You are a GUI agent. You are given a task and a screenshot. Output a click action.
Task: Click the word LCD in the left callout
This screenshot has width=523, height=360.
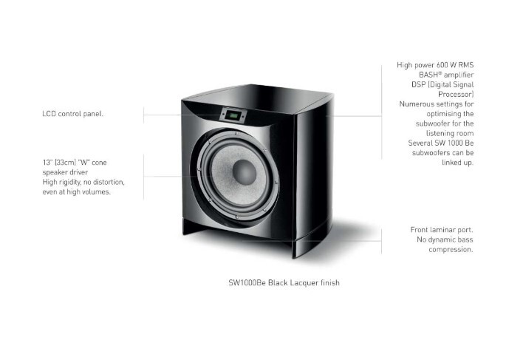coord(49,115)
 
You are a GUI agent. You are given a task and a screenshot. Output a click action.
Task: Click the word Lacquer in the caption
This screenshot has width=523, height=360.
coord(307,283)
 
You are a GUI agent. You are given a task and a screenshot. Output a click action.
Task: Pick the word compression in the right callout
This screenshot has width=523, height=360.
coord(451,249)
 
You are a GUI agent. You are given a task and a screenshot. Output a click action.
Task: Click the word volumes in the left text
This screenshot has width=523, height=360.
coord(98,191)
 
